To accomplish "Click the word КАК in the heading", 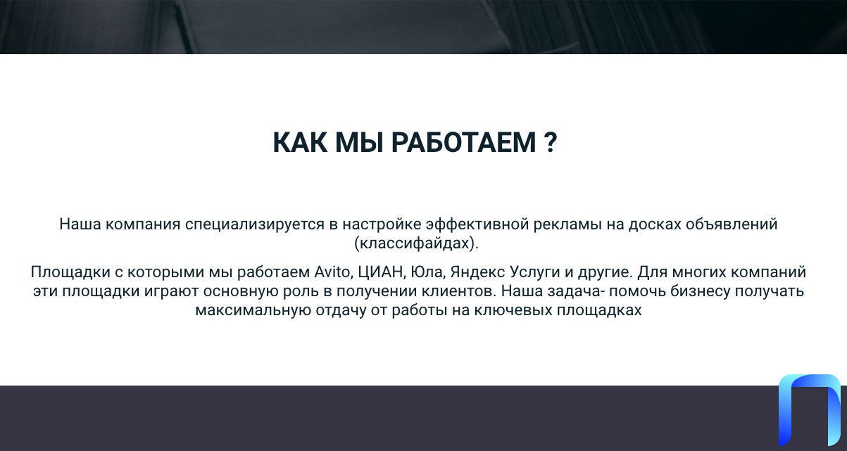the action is tap(300, 142).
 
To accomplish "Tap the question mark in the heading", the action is tap(551, 142).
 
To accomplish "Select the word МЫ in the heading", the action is tap(359, 142).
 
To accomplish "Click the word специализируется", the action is tap(254, 224).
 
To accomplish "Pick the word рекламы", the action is tap(567, 224).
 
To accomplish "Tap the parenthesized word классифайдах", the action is tap(416, 243).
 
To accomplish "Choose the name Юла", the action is tap(428, 272).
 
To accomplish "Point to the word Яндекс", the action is tap(477, 272).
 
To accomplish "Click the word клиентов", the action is tap(458, 291).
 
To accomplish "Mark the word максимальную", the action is tap(253, 310).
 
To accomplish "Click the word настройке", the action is tap(382, 224).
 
